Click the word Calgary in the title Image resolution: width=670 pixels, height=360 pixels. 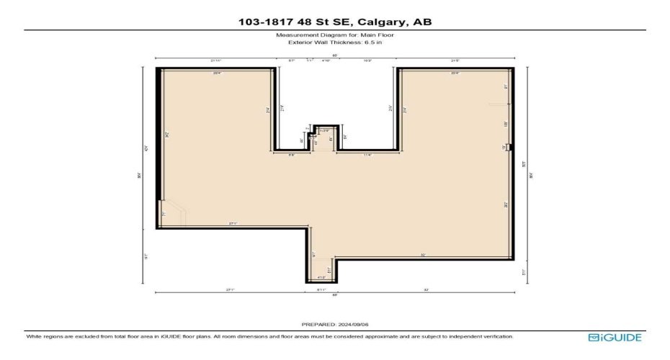[x=380, y=22]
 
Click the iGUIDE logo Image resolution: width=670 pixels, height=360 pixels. [x=615, y=337]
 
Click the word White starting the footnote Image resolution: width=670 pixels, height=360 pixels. [x=34, y=336]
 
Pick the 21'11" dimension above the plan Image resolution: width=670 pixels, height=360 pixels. [x=215, y=61]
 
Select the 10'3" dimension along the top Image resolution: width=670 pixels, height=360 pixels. [x=367, y=61]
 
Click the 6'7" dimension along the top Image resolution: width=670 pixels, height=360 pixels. [x=292, y=61]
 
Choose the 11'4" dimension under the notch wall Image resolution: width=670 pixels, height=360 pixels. [x=367, y=155]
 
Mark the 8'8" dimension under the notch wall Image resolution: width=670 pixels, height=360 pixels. [x=292, y=155]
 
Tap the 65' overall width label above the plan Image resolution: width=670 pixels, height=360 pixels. [x=335, y=55]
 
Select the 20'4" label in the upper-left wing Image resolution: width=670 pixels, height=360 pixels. [x=216, y=73]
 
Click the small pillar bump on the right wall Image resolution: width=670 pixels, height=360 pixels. [x=509, y=147]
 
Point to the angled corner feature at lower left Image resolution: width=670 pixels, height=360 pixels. [x=173, y=215]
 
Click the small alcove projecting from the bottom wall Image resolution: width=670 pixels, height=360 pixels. [x=321, y=270]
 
